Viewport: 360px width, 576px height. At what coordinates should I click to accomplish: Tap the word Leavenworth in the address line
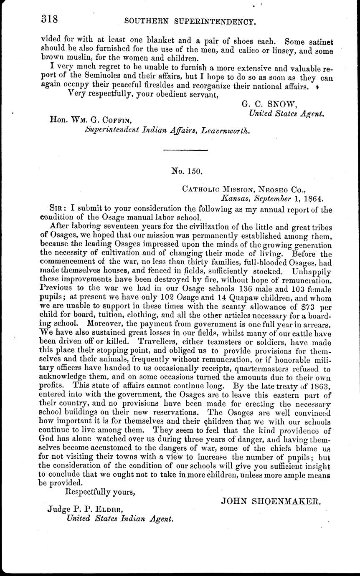point(226,131)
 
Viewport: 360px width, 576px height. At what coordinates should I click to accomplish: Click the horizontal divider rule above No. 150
point(185,150)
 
